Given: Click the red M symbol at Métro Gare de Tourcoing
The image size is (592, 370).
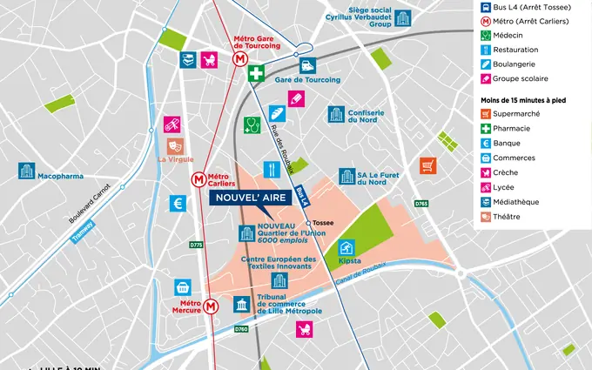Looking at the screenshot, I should (239, 58).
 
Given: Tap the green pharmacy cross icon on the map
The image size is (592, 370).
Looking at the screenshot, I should (255, 75).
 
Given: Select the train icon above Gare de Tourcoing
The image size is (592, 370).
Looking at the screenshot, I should (307, 65).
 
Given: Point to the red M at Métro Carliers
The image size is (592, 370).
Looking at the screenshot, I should (199, 179).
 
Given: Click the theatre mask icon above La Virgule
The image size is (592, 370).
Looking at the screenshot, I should (175, 145).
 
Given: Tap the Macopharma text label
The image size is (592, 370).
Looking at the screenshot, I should (60, 176).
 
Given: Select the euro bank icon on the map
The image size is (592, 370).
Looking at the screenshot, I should (178, 203).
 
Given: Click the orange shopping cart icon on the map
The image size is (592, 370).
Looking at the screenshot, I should (427, 165).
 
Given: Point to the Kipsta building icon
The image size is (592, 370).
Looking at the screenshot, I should (348, 247).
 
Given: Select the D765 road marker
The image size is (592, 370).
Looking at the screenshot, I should (421, 204).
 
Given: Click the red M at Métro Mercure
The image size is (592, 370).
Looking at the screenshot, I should (211, 307).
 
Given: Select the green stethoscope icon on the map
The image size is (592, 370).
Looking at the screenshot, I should (252, 124).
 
